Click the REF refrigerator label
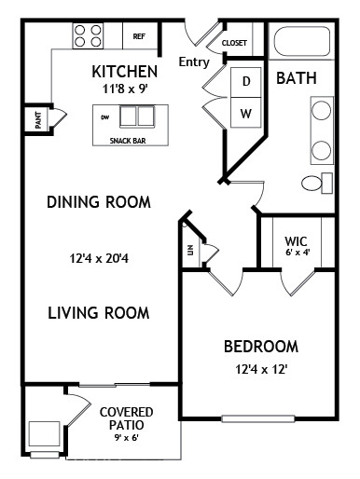(139, 36)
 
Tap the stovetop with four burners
(88, 35)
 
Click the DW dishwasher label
(105, 117)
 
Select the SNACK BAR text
(128, 141)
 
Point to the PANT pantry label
(38, 120)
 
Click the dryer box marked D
(246, 82)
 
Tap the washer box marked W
(246, 112)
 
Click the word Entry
(194, 62)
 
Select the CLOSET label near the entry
(234, 43)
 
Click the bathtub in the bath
(301, 42)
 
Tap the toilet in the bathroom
(317, 183)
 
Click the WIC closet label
(296, 241)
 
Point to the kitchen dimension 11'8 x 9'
(125, 89)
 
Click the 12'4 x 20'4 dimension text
(99, 258)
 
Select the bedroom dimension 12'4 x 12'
(261, 369)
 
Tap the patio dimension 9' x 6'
(126, 438)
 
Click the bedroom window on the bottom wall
(258, 418)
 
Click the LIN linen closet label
(190, 250)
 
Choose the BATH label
(297, 78)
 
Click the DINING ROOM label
(99, 202)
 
